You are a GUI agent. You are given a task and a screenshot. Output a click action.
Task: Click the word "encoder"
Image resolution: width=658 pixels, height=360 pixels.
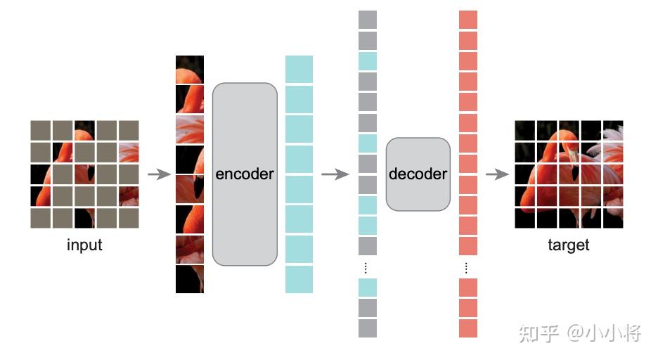coord(245,174)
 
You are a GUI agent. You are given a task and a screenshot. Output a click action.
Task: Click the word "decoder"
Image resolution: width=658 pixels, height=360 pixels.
coord(418,174)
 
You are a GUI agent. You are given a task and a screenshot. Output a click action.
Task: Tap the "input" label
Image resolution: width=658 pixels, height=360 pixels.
coord(84,245)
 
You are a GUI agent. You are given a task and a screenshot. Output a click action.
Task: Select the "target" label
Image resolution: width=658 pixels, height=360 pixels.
coord(569,245)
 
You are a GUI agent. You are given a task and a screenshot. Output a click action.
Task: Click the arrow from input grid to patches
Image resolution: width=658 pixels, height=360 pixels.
coord(159,174)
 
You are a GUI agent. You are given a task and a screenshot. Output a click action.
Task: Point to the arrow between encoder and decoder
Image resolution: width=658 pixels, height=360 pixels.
coord(335,174)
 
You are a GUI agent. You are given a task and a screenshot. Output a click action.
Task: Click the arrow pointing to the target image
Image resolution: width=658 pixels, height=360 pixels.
coord(496,174)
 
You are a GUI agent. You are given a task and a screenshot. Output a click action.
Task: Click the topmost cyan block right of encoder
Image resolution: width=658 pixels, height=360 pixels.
coord(299,70)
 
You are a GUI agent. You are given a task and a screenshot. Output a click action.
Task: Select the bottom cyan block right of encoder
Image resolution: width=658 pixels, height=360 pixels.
coord(299,279)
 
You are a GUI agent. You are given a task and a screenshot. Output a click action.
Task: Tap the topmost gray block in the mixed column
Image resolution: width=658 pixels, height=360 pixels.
coord(368,20)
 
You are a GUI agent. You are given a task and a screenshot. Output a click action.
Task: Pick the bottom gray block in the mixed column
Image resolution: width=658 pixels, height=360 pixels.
coord(368,328)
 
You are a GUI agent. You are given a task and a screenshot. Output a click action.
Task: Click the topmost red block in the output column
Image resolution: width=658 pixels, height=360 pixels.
coord(468,20)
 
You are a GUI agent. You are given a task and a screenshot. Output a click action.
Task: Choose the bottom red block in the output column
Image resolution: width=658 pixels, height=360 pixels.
coord(468,328)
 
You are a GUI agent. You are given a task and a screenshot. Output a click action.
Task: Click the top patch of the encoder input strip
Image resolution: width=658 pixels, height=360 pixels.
coord(190,70)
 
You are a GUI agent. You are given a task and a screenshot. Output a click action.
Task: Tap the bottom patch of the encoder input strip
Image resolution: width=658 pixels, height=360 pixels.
coord(190,279)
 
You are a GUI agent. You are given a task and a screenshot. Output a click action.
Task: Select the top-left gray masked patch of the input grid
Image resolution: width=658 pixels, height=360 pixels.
coord(41,130)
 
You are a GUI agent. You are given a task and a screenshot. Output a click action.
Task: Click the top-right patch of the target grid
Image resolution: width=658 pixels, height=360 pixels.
coord(613,130)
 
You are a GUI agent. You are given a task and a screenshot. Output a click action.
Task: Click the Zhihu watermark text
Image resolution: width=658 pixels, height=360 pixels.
coord(580,333)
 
